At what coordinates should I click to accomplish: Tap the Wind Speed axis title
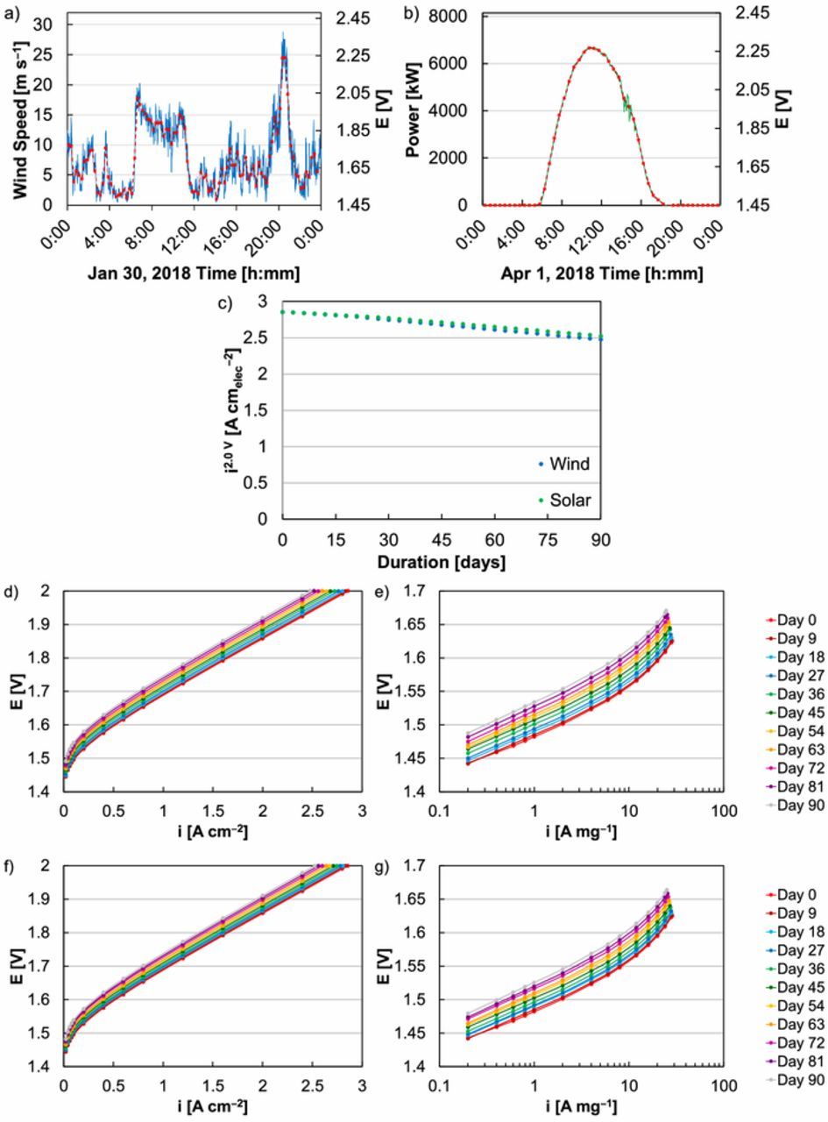click(21, 111)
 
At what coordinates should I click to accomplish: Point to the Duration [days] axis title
click(442, 563)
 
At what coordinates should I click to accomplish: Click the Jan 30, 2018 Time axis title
click(194, 273)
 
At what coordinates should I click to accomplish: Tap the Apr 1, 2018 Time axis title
click(601, 273)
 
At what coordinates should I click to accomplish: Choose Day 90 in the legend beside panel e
click(796, 805)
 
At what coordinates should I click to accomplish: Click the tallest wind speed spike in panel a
click(282, 35)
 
